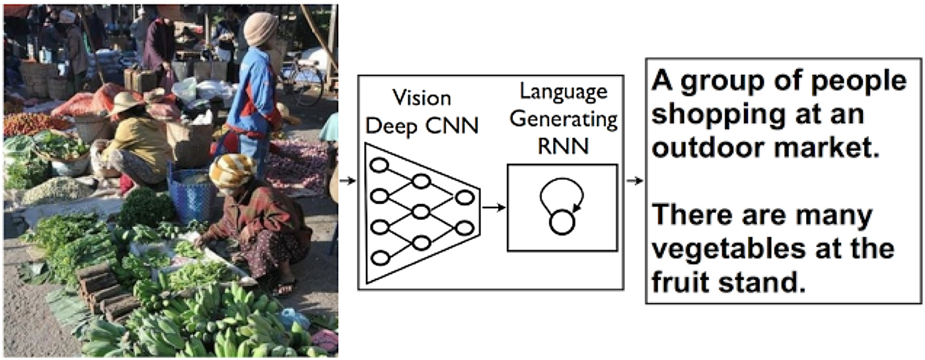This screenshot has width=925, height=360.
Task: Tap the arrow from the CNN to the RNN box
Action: [494, 208]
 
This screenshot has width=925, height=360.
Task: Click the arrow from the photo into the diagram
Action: [348, 180]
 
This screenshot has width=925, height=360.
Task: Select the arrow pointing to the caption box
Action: [634, 180]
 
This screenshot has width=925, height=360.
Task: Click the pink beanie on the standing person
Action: [261, 28]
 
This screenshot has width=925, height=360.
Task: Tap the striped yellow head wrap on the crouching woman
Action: [232, 170]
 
